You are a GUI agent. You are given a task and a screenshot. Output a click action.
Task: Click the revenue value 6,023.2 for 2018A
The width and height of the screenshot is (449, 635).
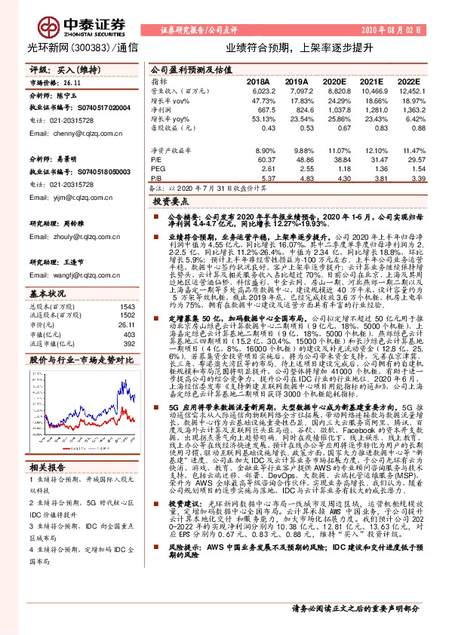point(257,90)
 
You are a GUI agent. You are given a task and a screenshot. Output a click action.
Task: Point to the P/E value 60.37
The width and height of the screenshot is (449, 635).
point(260,160)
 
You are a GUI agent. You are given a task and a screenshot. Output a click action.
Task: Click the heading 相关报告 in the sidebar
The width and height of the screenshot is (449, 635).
point(47,444)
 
